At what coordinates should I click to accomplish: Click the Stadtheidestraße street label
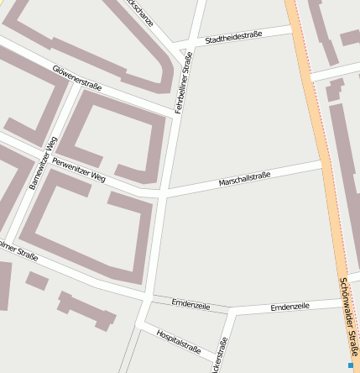(233, 36)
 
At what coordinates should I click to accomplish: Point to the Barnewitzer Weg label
(44, 162)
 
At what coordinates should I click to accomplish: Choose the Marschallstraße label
(244, 178)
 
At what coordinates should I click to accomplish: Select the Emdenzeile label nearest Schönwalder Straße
(290, 307)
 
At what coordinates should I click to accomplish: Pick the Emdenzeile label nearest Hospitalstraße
(190, 304)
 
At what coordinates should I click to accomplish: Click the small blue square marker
(351, 365)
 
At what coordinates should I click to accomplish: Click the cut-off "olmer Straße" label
(18, 250)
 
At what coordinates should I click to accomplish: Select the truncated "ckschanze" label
(138, 11)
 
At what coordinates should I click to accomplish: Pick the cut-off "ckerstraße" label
(221, 357)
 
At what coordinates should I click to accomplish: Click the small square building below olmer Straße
(37, 281)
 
